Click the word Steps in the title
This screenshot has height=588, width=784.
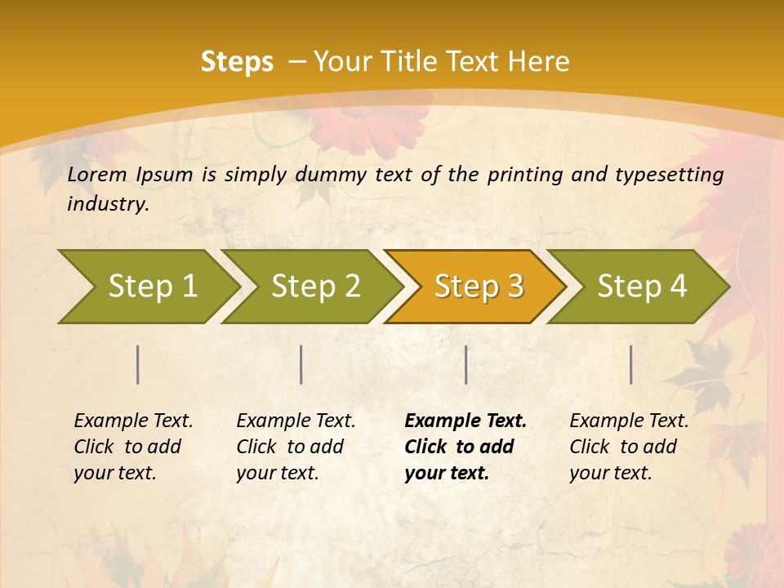point(237,62)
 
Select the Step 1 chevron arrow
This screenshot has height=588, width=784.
point(147,286)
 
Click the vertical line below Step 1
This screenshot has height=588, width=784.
point(138,364)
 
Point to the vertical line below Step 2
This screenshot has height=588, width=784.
point(301,364)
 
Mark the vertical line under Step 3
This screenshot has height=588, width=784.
point(465,364)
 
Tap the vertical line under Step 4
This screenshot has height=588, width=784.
point(631,364)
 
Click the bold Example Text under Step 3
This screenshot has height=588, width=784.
point(465,421)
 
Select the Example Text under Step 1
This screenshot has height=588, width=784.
point(133,421)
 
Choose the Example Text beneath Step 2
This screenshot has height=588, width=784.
point(296,421)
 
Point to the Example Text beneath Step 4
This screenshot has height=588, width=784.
point(629,421)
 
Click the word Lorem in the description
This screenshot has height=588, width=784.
point(97,174)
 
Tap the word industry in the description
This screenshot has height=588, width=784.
point(108,204)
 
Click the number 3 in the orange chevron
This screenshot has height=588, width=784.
point(514,286)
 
